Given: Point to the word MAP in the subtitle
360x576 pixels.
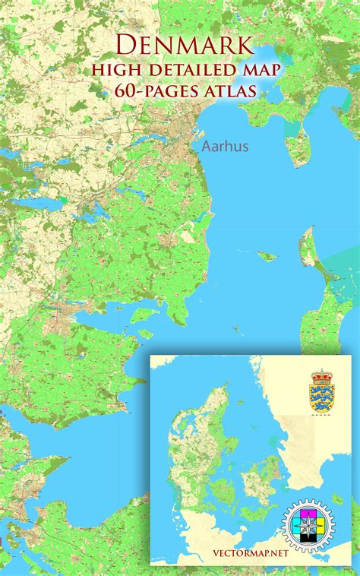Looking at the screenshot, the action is (x=258, y=70).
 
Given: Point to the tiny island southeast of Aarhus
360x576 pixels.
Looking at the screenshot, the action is (x=267, y=256).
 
